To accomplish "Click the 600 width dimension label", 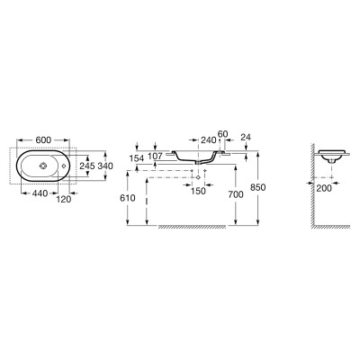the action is click(43, 139).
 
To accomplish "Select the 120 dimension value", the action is click(64, 199).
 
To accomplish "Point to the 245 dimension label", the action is click(87, 166).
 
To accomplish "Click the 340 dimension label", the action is click(105, 166).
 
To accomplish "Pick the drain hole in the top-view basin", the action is click(44, 166).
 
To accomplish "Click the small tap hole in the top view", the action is click(63, 166).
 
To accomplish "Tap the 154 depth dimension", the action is click(137, 158).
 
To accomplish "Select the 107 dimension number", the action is click(155, 156).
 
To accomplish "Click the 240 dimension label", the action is click(209, 139).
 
